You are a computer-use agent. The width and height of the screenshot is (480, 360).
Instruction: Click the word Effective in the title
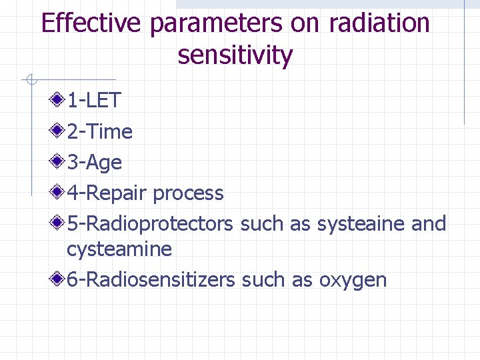click(x=92, y=23)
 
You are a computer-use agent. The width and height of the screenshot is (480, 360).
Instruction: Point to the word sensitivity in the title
click(x=235, y=56)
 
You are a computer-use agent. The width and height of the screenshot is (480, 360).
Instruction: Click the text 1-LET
click(x=93, y=101)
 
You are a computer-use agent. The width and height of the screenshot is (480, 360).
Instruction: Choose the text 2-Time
click(x=99, y=131)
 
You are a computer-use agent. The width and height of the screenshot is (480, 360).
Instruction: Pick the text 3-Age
click(x=94, y=163)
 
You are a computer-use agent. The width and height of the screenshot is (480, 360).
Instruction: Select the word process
click(x=188, y=193)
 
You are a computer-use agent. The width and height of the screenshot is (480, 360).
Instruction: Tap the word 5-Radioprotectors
click(x=150, y=223)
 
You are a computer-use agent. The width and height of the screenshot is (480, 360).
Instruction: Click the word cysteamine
click(x=119, y=249)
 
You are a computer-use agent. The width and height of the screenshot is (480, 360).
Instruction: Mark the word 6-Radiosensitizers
click(x=151, y=279)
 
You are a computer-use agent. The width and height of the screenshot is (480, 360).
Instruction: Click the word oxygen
click(x=353, y=281)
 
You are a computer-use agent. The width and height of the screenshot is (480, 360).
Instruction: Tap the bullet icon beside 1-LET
click(x=57, y=101)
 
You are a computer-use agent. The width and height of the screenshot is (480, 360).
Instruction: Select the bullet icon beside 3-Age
click(x=57, y=162)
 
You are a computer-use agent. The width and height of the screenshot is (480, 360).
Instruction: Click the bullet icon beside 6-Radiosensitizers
click(x=57, y=279)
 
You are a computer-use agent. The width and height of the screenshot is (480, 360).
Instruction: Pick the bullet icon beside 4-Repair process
click(x=57, y=193)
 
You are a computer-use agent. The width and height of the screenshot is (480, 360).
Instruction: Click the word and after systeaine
click(x=429, y=223)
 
